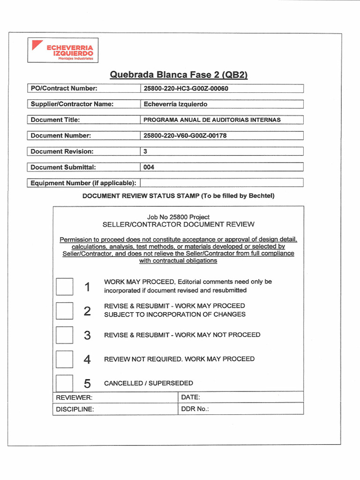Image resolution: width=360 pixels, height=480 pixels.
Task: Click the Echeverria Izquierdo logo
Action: coord(63,50)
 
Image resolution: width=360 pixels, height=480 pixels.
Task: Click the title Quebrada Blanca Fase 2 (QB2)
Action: coord(178,75)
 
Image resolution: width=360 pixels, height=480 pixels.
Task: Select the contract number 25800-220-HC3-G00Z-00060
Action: coord(186,89)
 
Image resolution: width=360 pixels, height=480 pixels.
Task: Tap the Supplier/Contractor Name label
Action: coord(72,104)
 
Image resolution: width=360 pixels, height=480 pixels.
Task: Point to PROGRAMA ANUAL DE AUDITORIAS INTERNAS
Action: coord(212,120)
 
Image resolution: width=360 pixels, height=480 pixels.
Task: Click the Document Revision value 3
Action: coord(145,151)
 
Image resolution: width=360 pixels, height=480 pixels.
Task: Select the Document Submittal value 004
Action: coord(149,167)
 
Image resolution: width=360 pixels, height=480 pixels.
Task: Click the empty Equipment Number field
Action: coord(221,183)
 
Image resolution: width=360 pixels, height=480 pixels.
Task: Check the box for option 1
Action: coord(64,286)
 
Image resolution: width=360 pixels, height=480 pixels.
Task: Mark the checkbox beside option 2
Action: coord(64,310)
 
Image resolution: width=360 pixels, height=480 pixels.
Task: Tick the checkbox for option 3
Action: coord(64,335)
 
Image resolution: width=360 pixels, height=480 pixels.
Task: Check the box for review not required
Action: coord(64,359)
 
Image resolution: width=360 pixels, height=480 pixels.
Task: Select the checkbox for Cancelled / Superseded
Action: coord(64,383)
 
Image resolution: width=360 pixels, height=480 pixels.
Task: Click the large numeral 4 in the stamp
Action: coord(87,360)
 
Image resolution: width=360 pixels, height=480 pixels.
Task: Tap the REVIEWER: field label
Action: coord(74,397)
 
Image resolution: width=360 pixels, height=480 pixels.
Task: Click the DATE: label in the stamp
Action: coord(190,397)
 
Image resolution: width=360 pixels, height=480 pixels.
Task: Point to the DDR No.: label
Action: coord(195,409)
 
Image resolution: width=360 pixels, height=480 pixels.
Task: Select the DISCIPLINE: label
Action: coord(75,409)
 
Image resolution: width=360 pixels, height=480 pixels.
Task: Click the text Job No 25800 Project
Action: coord(178,217)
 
